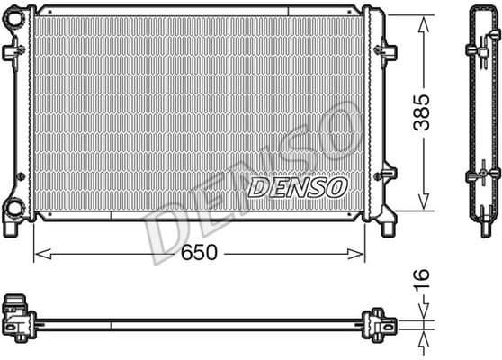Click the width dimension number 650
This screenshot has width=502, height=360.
tap(199, 253)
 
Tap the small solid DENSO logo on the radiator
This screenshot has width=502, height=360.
tap(297, 186)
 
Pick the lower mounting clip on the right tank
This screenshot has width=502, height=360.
tap(388, 172)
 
